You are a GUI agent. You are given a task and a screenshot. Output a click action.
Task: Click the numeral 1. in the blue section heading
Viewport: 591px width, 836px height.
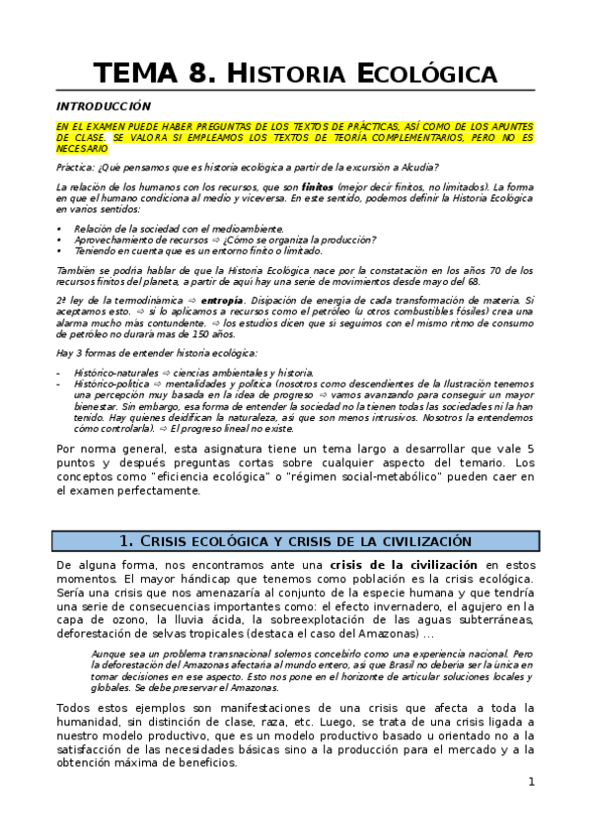125,541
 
